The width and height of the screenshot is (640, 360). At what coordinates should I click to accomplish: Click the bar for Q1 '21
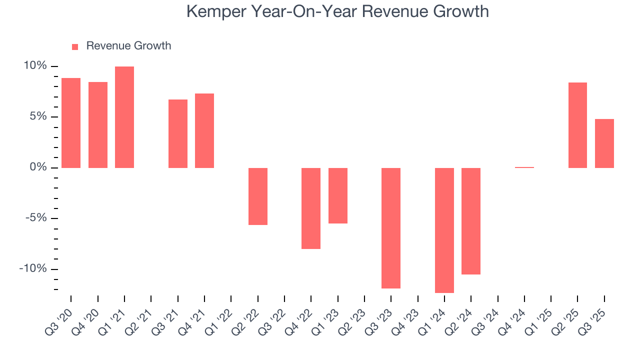click(x=124, y=117)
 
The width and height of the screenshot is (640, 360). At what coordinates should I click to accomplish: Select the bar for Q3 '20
click(x=71, y=123)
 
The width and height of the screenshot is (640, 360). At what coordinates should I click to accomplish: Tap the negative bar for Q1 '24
click(x=444, y=230)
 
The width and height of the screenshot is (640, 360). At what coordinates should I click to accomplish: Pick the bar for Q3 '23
click(x=391, y=228)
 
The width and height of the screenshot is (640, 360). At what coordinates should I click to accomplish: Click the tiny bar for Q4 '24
click(x=524, y=167)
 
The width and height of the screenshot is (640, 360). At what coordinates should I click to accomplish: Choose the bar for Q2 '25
click(x=577, y=125)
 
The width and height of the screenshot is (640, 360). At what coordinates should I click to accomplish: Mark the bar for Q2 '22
click(x=258, y=196)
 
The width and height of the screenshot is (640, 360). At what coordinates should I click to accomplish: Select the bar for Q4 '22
click(x=311, y=208)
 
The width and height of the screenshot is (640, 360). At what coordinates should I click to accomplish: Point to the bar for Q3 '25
click(x=604, y=143)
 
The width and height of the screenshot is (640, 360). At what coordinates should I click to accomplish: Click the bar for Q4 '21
click(x=204, y=130)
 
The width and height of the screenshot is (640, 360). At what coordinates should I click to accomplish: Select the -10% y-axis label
click(x=33, y=268)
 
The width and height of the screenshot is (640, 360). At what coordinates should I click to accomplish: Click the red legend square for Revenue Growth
click(x=75, y=46)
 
